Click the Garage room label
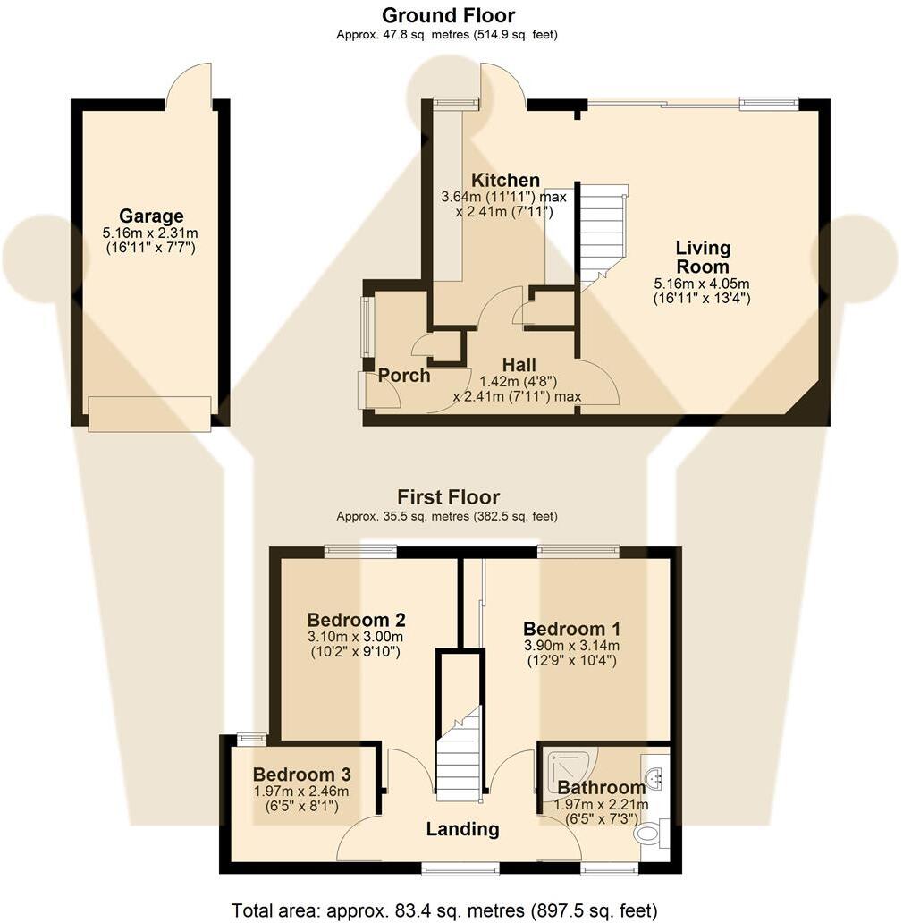pyautogui.click(x=151, y=216)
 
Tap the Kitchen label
pyautogui.click(x=505, y=180)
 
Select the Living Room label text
pyautogui.click(x=703, y=257)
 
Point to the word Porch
pyautogui.click(x=404, y=376)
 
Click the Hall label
pyautogui.click(x=519, y=365)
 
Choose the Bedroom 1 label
pyautogui.click(x=571, y=629)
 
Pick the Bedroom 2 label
pyautogui.click(x=356, y=620)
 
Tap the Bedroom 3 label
pyautogui.click(x=302, y=774)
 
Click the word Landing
pyautogui.click(x=462, y=829)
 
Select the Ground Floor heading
pyautogui.click(x=448, y=14)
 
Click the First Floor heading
pyautogui.click(x=448, y=496)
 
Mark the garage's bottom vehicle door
pyautogui.click(x=149, y=414)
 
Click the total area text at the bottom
pyautogui.click(x=444, y=910)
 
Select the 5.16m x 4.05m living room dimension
pyautogui.click(x=702, y=284)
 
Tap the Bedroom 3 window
pyautogui.click(x=251, y=736)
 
